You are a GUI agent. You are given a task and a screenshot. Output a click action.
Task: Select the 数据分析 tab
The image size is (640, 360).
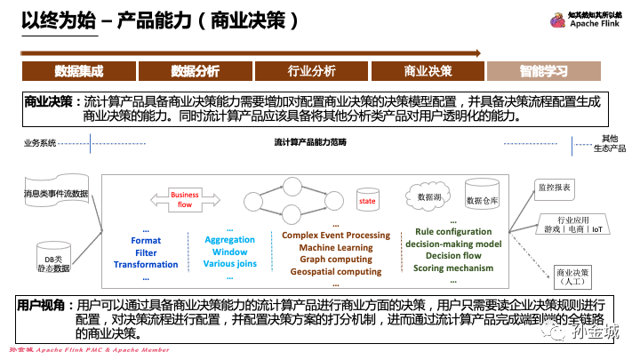(x=195, y=70)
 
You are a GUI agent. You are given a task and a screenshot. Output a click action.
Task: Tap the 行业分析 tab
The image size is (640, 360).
(x=311, y=70)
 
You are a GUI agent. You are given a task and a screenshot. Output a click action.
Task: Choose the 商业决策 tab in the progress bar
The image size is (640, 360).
(x=428, y=70)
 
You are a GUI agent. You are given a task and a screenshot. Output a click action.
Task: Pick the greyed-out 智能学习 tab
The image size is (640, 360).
(x=544, y=70)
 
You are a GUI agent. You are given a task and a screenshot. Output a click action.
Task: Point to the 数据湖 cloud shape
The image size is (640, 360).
(x=425, y=194)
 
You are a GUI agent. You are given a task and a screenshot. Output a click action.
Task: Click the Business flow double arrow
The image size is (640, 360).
(x=185, y=199)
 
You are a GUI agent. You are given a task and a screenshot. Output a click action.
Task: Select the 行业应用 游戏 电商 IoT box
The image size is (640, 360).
(x=572, y=224)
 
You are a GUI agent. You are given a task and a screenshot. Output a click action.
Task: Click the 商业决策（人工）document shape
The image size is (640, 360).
(x=572, y=275)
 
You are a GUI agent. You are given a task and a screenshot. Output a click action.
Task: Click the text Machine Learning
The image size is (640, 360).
(x=335, y=247)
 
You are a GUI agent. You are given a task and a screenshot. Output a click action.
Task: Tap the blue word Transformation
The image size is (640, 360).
(x=146, y=264)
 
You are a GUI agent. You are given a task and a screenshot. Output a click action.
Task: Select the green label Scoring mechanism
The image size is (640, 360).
(x=452, y=268)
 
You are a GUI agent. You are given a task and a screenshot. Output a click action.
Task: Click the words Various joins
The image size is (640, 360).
(x=229, y=264)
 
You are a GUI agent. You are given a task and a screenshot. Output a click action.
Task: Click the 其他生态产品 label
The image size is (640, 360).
(x=609, y=142)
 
